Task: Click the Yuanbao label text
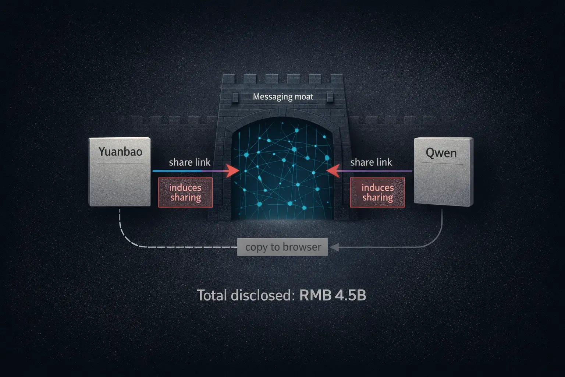[120, 151]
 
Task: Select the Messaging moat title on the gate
[283, 97]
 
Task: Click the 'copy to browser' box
[282, 247]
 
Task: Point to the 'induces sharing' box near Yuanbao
[185, 193]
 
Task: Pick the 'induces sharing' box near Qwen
[377, 193]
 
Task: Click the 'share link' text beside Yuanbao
[189, 162]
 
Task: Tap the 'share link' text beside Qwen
[371, 162]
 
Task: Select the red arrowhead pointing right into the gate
[232, 171]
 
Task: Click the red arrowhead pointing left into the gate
[333, 171]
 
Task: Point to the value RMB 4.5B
[333, 296]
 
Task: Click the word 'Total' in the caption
[212, 296]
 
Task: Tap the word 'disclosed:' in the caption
[263, 296]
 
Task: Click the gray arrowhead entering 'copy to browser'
[334, 247]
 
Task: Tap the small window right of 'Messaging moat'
[330, 97]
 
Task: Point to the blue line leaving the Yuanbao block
[173, 171]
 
